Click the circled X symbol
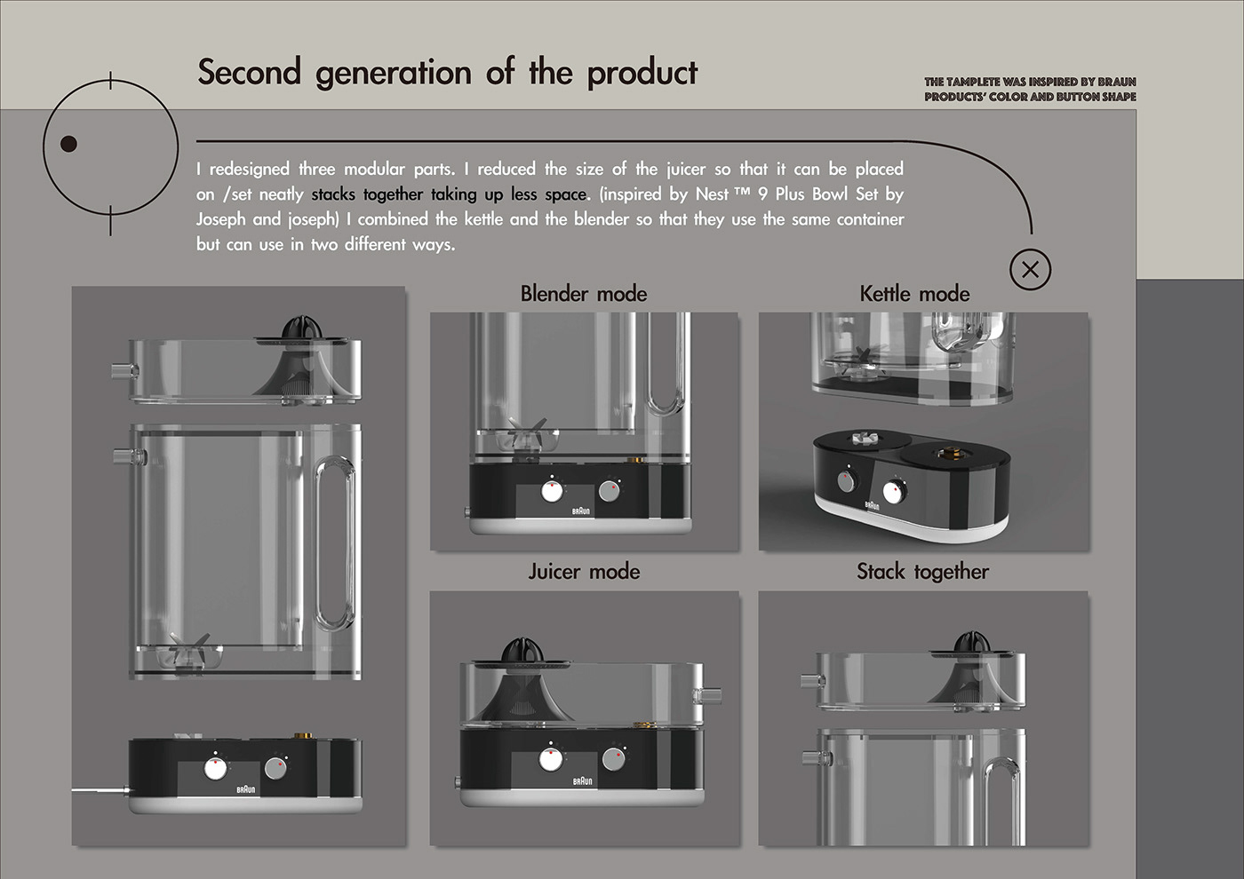(x=1030, y=270)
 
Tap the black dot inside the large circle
(x=68, y=144)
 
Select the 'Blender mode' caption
(x=584, y=294)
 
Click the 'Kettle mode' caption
(x=914, y=294)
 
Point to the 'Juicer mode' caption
(x=584, y=572)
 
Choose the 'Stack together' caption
(x=922, y=572)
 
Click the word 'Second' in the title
(x=250, y=72)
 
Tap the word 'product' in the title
(x=642, y=73)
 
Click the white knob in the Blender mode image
(x=552, y=492)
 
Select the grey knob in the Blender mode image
(x=610, y=492)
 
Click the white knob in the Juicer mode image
(x=550, y=760)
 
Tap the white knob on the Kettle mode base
(x=892, y=492)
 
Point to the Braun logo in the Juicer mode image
(x=583, y=781)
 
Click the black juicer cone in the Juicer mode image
(x=522, y=650)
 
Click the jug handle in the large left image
(x=335, y=543)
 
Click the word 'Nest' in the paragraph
(x=713, y=194)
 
